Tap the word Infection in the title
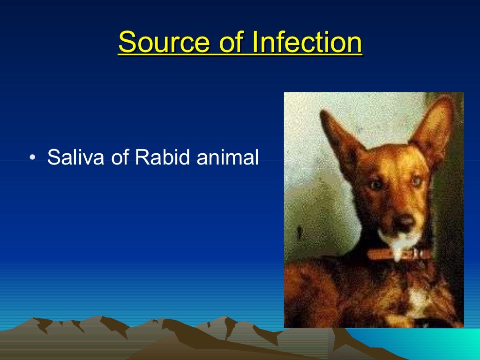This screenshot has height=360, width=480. (307, 43)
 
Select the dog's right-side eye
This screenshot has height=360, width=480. (415, 180)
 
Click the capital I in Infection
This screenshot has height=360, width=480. (255, 43)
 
